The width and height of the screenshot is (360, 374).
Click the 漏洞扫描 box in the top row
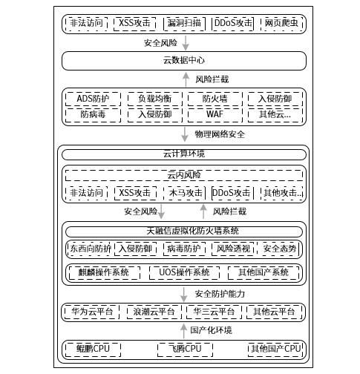(184, 23)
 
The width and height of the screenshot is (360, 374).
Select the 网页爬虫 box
(281, 23)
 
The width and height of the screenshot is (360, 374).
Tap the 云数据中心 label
(184, 60)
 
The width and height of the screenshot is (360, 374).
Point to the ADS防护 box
(93, 99)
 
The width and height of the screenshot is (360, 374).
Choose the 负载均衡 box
(155, 99)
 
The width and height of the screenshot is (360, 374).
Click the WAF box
(215, 115)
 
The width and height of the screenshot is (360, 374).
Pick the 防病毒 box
(93, 115)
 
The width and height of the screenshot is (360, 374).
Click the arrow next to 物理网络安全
(185, 134)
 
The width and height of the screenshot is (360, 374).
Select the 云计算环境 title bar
(184, 154)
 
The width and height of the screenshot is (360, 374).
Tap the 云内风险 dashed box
(184, 175)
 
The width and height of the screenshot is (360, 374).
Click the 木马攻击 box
(185, 193)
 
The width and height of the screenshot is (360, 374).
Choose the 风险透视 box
(233, 249)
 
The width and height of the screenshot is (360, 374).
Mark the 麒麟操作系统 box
(105, 272)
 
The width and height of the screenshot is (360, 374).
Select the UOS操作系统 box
(184, 272)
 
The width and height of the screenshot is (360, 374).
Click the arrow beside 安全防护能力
(183, 295)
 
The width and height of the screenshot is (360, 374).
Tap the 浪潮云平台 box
(154, 312)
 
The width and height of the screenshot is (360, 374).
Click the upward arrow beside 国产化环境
(183, 331)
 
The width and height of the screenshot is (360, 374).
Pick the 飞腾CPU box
(185, 350)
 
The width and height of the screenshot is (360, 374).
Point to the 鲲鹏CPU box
(93, 350)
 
